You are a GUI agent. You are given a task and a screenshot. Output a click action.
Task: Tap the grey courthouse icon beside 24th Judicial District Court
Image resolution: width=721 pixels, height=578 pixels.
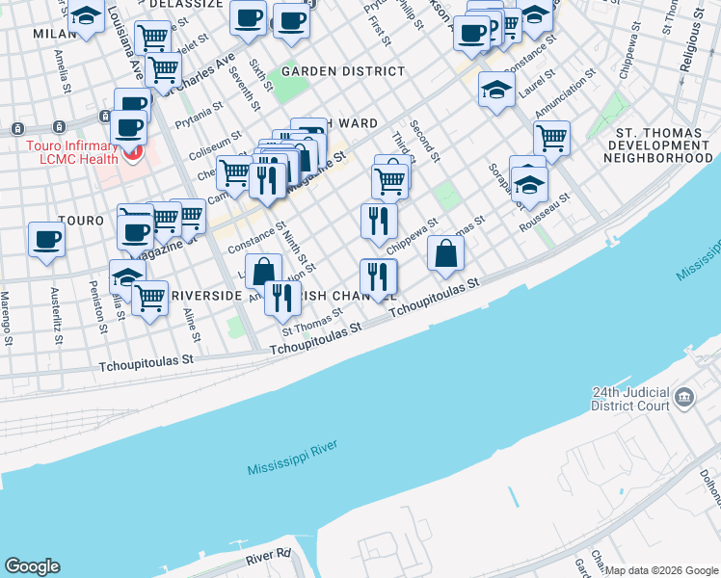(683, 397)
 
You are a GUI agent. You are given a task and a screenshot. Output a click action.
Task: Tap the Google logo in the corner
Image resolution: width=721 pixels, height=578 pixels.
(32, 566)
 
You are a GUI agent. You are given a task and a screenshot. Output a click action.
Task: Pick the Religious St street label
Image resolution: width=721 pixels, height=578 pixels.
(686, 48)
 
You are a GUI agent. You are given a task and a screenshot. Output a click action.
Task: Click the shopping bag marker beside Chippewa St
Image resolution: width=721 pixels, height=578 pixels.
(445, 253)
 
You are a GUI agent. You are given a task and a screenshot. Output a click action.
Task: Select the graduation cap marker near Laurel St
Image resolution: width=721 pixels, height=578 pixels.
(496, 91)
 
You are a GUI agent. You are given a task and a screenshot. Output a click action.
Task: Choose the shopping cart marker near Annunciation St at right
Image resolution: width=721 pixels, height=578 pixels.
(551, 137)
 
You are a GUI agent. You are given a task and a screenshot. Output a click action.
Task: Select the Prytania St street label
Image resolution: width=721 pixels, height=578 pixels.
(200, 123)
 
